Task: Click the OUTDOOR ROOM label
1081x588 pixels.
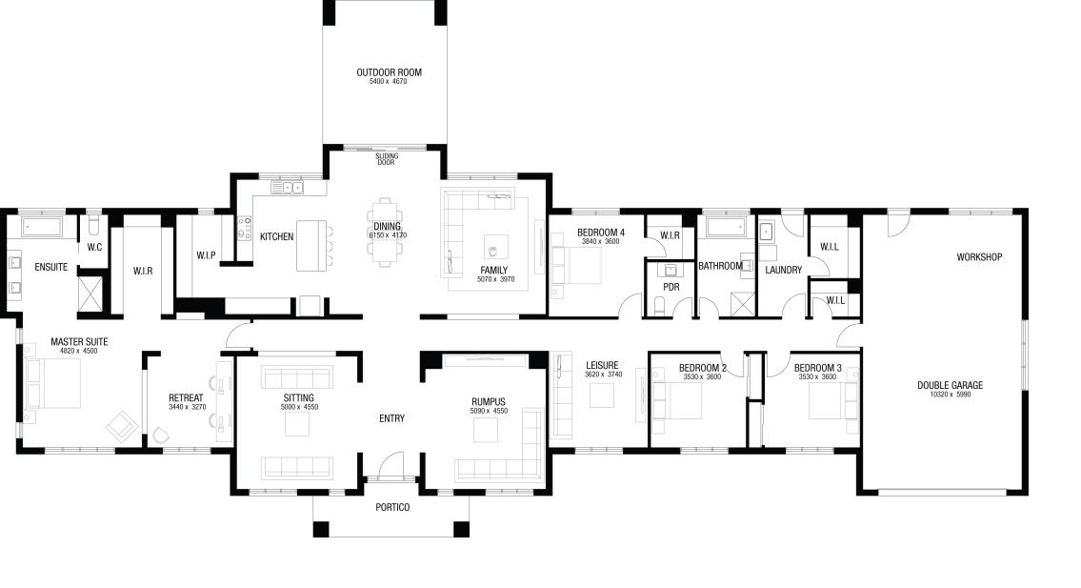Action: click(x=389, y=72)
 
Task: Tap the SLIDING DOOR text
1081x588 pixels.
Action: click(x=386, y=159)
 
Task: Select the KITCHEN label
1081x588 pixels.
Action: click(x=276, y=236)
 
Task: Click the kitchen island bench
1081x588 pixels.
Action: click(x=310, y=246)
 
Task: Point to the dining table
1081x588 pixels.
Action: click(x=387, y=232)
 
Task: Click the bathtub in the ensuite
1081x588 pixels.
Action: click(x=41, y=227)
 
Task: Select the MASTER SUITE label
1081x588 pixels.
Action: click(x=79, y=341)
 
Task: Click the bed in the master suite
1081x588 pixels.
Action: click(x=52, y=384)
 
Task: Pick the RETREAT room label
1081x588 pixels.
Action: click(x=186, y=398)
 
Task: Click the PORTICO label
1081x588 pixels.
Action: click(x=392, y=507)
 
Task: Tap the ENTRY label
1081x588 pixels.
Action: click(x=391, y=418)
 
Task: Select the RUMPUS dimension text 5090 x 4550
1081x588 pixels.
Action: click(x=490, y=412)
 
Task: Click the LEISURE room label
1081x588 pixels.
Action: click(x=602, y=365)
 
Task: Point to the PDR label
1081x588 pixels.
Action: click(x=671, y=287)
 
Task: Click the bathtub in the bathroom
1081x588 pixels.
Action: click(x=727, y=227)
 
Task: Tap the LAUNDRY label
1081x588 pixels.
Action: click(x=783, y=270)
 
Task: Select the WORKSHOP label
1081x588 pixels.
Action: click(x=979, y=256)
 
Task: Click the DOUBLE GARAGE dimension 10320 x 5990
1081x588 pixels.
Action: click(x=950, y=395)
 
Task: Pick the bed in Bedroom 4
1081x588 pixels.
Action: click(x=576, y=266)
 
